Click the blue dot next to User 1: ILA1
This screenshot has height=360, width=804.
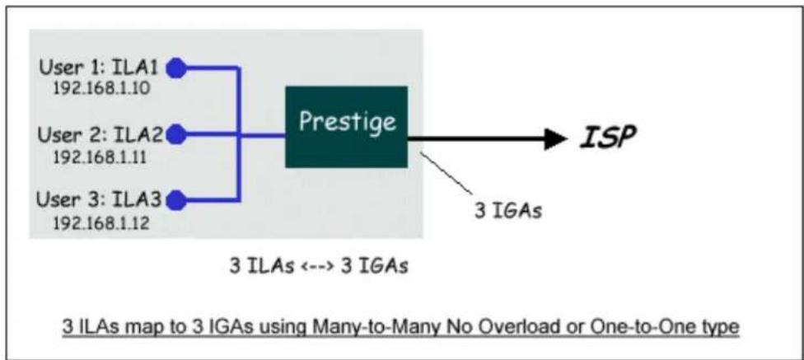tap(176, 68)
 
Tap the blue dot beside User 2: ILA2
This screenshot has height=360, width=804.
tap(176, 134)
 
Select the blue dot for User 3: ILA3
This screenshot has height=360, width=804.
tap(176, 200)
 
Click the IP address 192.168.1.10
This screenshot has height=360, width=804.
tap(102, 89)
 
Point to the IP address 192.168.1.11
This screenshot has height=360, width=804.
tap(100, 156)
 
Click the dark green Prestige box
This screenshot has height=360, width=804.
tap(347, 127)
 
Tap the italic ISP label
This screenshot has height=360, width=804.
tap(608, 137)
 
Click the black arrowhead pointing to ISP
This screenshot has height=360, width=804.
tap(555, 138)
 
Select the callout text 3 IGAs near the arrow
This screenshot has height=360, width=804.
tap(507, 211)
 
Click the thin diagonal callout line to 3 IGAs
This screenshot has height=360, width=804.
tap(446, 173)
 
